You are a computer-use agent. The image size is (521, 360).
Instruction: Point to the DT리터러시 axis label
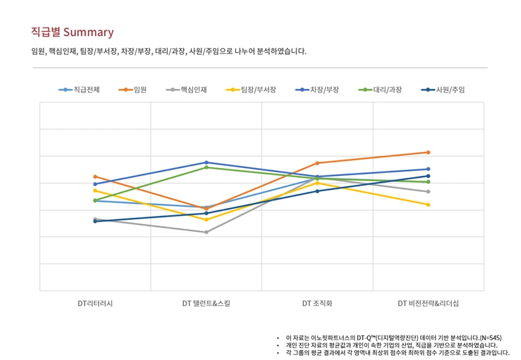click(95, 304)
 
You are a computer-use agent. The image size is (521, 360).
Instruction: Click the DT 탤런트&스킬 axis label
click(206, 304)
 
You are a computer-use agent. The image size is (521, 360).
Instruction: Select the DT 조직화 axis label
click(317, 304)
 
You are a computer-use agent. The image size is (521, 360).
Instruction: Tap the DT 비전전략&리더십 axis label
click(428, 304)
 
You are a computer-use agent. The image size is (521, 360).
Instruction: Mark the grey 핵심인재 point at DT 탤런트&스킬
click(206, 232)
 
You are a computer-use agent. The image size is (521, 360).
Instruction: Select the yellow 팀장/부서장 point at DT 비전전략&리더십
click(428, 205)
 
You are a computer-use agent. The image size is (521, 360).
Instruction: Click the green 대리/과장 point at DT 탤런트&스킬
click(206, 167)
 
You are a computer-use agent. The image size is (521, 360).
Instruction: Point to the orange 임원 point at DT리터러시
click(95, 177)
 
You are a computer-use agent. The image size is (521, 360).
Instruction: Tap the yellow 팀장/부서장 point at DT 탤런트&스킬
click(206, 219)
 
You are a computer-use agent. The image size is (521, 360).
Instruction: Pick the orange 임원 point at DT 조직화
click(317, 163)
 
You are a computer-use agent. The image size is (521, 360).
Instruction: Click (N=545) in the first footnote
click(490, 337)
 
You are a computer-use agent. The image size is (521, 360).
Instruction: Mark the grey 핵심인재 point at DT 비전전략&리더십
click(428, 191)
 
